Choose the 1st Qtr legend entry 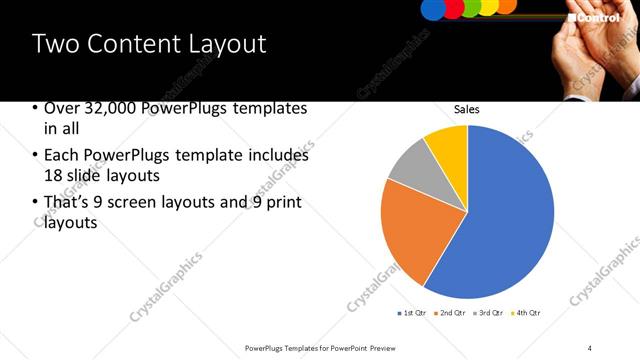tap(412, 313)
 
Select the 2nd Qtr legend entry tap(450, 313)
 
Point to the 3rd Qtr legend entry tap(488, 313)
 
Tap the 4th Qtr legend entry tap(526, 313)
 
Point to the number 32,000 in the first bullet tap(100, 108)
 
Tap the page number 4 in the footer tap(590, 347)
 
